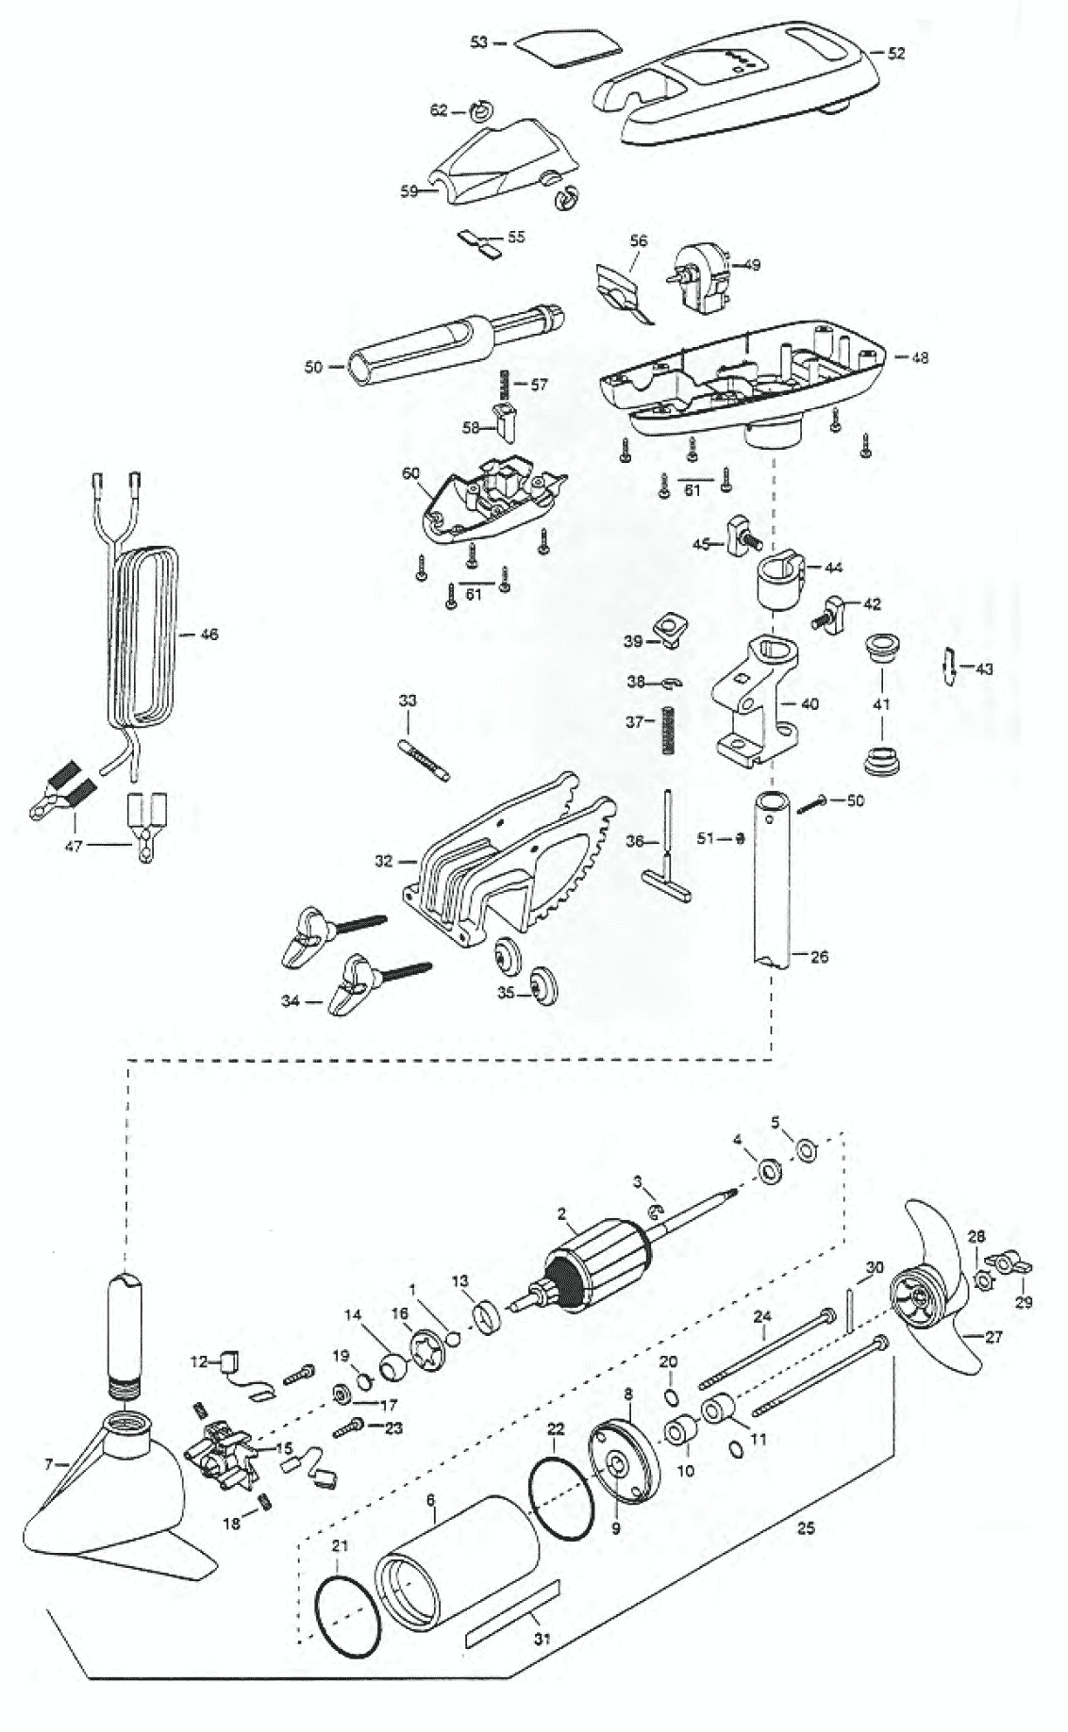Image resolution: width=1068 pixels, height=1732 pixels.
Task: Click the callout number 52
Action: [895, 54]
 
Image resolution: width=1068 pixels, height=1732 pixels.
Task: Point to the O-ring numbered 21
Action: [350, 1611]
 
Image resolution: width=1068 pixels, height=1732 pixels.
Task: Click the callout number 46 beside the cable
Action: [209, 635]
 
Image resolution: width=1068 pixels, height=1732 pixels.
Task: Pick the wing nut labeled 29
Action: [1011, 1266]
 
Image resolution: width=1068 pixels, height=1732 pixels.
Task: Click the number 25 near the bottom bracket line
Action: [805, 1528]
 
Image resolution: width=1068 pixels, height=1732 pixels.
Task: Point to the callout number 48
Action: [920, 356]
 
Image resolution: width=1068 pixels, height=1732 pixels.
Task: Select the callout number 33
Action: [408, 701]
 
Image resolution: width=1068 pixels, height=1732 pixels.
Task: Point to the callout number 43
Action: [984, 669]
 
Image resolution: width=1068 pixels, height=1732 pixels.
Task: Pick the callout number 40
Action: [809, 703]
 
